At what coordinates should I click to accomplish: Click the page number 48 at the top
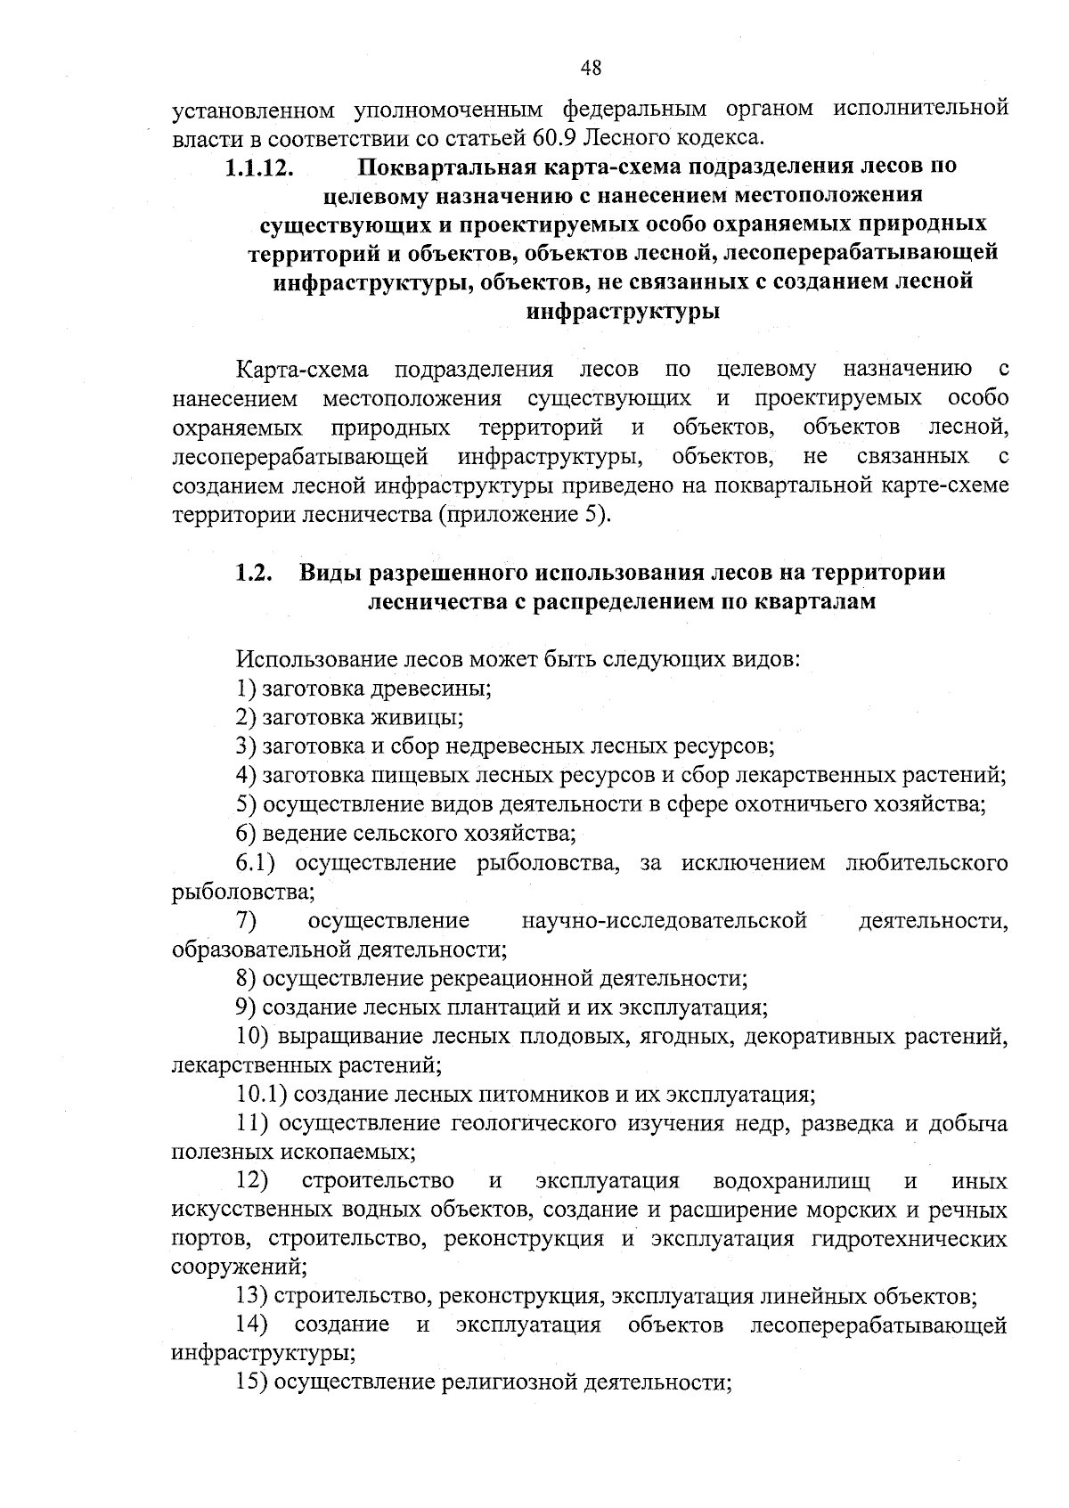coord(591,68)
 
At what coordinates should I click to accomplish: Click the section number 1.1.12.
coord(259,167)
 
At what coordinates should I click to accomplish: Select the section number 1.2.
coord(253,573)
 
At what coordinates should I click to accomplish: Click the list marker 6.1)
coord(259,863)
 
